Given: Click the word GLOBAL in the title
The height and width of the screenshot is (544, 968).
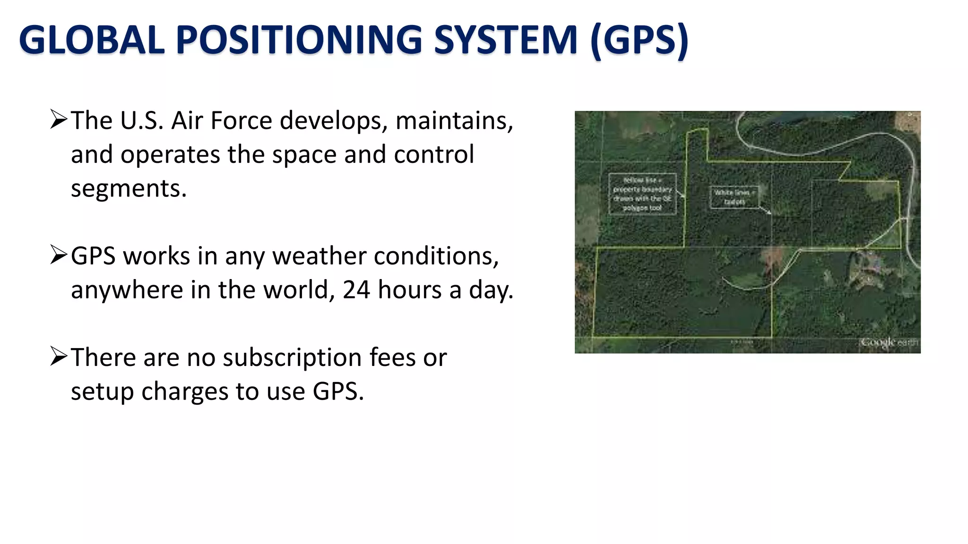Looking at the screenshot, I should tap(92, 40).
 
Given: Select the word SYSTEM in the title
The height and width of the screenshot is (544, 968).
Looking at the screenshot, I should tap(506, 40).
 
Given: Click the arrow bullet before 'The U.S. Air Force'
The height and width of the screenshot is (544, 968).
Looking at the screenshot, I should tap(59, 119).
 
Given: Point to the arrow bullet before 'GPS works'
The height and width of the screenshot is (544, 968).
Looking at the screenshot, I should tap(59, 255).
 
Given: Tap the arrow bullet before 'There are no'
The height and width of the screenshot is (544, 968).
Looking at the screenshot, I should tap(59, 357).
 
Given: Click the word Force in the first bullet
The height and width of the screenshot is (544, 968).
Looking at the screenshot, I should tap(241, 120).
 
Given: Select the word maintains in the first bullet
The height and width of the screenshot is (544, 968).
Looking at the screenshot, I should tap(454, 121).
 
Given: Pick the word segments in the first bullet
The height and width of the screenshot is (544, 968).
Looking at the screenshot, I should tap(128, 189).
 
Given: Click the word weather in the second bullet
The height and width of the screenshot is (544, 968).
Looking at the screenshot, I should tap(319, 256).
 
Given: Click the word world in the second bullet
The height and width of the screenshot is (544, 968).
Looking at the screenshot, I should tap(298, 289).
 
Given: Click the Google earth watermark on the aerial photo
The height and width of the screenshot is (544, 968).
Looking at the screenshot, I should tap(888, 342).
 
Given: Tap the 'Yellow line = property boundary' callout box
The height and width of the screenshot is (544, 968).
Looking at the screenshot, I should tap(642, 194).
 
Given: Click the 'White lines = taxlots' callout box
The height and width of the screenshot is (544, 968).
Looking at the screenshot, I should tap(734, 197).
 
